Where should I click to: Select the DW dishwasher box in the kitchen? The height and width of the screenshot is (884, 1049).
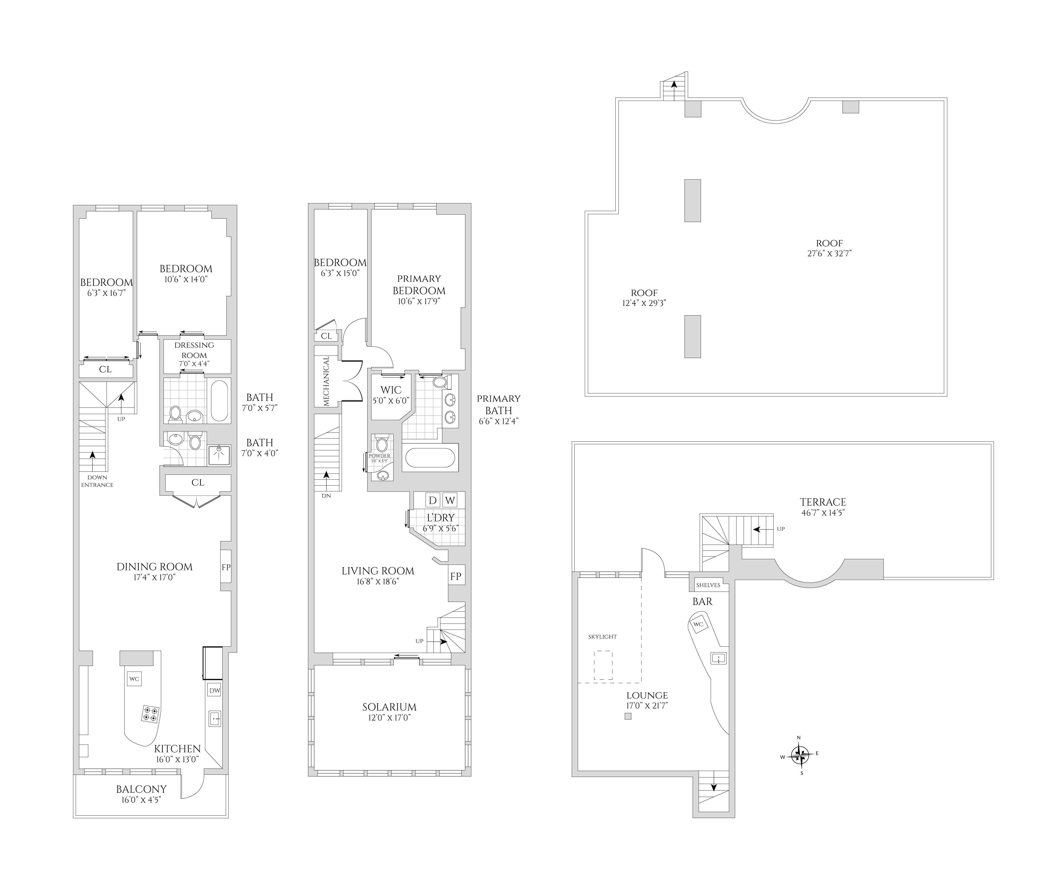[x=215, y=691]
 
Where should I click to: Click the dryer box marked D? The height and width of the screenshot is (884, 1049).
[x=433, y=500]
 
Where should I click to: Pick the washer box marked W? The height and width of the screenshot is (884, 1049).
[x=450, y=500]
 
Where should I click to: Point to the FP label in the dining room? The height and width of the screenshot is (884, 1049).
[x=226, y=567]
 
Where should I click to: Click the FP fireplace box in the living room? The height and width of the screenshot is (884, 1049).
[x=456, y=576]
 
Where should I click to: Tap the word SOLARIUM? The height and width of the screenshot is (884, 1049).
[x=390, y=707]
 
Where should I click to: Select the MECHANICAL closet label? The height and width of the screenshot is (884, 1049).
[x=326, y=381]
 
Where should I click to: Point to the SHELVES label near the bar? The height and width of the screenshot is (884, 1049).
[x=708, y=585]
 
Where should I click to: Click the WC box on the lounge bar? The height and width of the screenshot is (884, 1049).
[x=698, y=624]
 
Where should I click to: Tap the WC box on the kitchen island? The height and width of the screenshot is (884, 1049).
[x=134, y=679]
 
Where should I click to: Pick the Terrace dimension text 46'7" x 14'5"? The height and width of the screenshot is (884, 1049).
[x=823, y=513]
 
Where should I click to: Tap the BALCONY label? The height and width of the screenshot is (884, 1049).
[x=141, y=789]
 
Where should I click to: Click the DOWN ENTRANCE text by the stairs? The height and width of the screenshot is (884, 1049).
[x=97, y=481]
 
